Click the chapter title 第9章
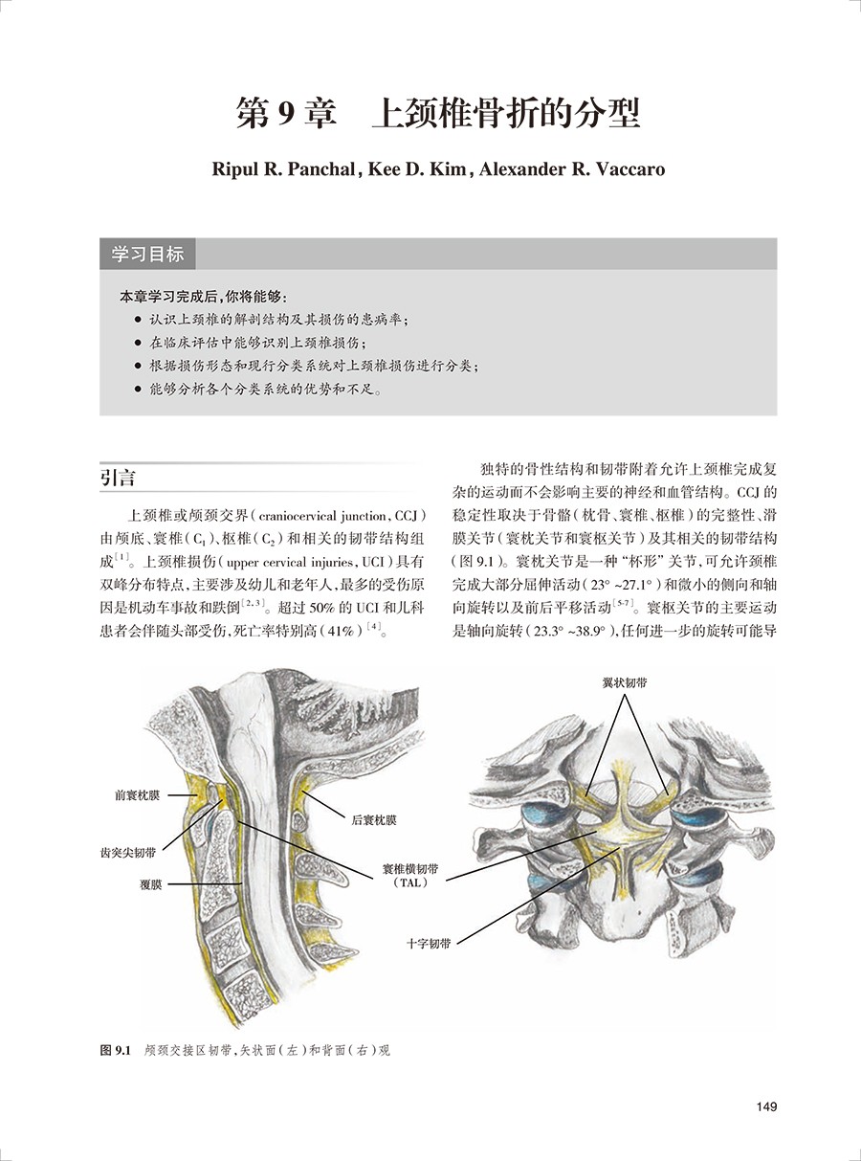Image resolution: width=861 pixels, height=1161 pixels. pyautogui.click(x=286, y=114)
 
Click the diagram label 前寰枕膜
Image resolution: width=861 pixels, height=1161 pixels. pyautogui.click(x=137, y=795)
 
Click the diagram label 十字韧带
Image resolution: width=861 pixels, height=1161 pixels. pyautogui.click(x=428, y=943)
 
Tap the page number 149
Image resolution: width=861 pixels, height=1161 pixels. pyautogui.click(x=765, y=1107)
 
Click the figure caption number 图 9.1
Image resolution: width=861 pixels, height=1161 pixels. pyautogui.click(x=115, y=1050)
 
